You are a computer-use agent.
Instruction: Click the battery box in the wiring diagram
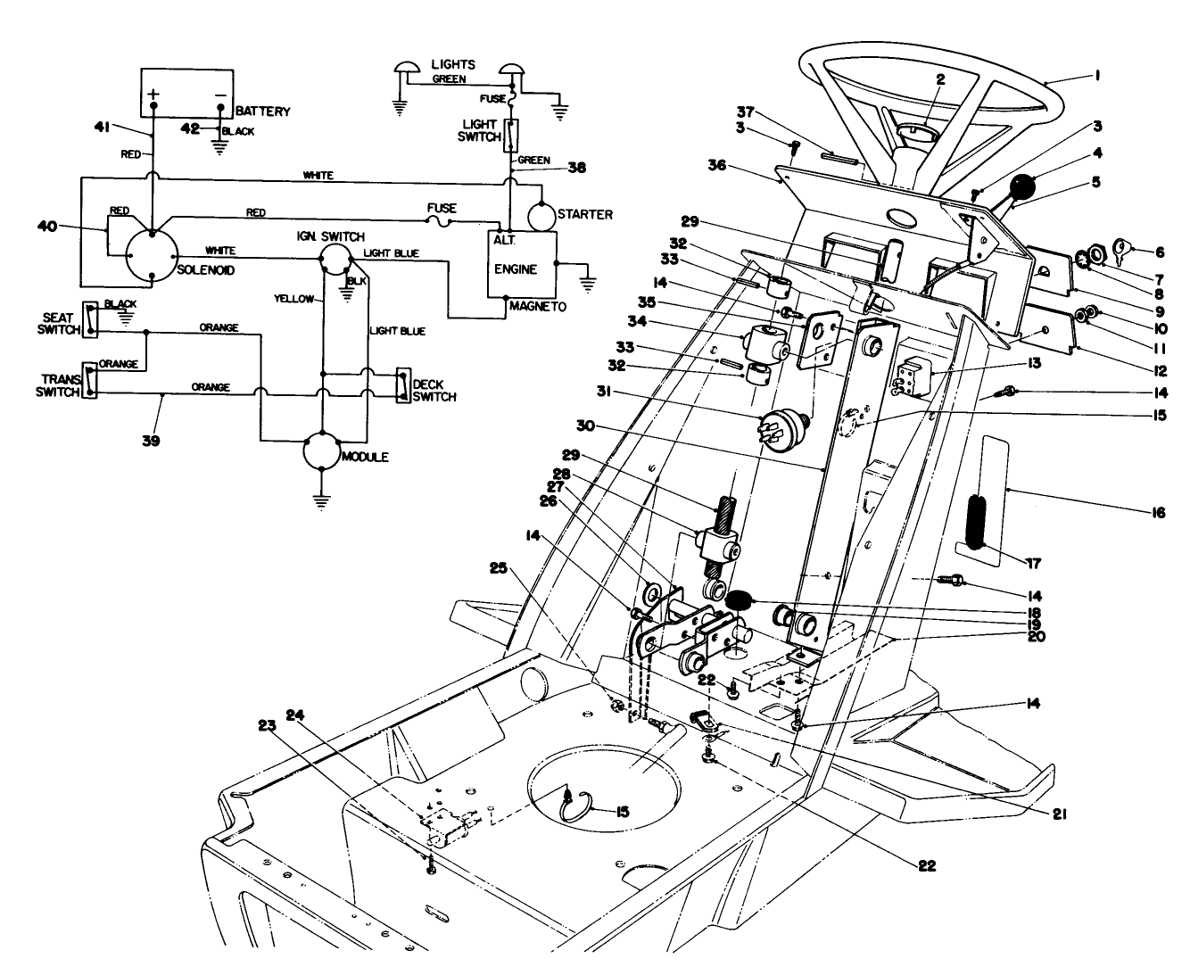(x=186, y=92)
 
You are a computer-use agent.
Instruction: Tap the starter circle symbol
(x=546, y=216)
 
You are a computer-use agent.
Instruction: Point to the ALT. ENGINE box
(x=520, y=264)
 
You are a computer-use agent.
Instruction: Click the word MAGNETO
(x=541, y=306)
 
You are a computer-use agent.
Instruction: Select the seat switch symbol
(x=89, y=318)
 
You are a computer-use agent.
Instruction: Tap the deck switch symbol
(x=403, y=385)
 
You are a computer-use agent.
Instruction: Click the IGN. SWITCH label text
(x=330, y=236)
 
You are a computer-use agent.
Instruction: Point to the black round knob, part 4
(x=1021, y=188)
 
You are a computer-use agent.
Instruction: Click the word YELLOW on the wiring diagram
(x=293, y=300)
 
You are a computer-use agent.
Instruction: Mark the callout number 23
(x=293, y=725)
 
